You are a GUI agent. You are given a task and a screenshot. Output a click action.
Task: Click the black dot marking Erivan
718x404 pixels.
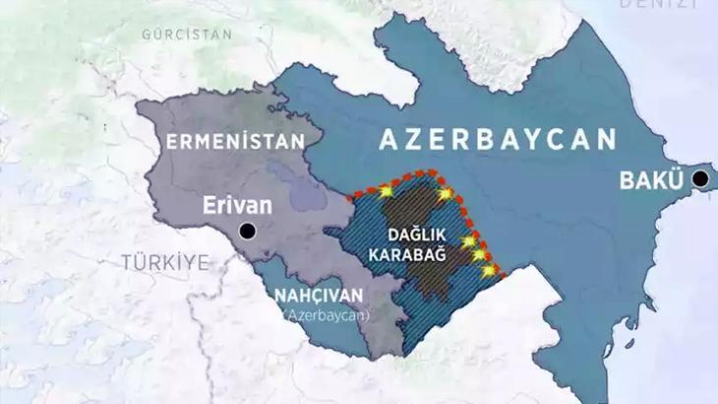click(247, 232)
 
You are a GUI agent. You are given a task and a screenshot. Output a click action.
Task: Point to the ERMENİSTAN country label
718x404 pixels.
click(233, 142)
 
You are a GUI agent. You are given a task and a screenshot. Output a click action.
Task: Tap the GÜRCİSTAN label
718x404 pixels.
click(186, 34)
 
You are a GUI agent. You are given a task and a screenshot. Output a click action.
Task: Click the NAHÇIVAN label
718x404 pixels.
click(318, 296)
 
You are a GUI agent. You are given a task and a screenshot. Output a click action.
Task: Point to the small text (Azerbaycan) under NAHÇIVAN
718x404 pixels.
click(323, 314)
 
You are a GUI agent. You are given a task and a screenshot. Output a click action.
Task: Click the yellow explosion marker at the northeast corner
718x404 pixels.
click(448, 194)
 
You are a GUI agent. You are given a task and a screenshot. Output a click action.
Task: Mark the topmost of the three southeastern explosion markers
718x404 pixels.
click(469, 239)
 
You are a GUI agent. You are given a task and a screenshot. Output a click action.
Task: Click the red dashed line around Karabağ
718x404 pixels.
click(413, 175)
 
